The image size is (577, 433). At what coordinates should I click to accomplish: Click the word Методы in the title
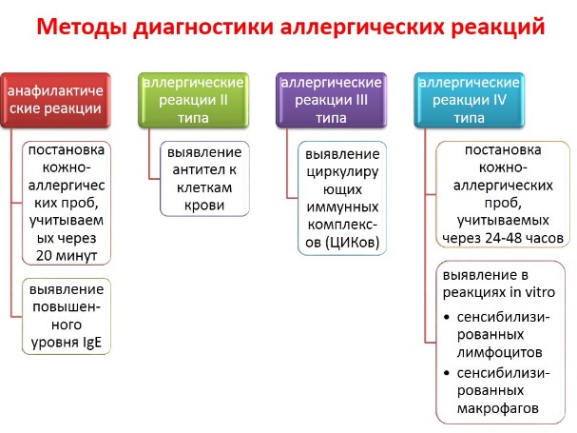coord(82,28)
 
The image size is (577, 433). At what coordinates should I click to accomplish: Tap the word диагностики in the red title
coord(203,28)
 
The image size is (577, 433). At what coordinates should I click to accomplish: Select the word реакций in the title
coord(498,26)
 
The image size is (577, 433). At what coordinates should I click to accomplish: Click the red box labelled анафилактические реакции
coord(55,100)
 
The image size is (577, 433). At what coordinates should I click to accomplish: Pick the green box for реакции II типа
coord(194,100)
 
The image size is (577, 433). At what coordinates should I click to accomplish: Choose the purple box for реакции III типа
coord(332,100)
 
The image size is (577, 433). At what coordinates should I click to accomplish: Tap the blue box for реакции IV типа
coord(470,100)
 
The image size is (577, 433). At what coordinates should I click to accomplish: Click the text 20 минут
coord(67,255)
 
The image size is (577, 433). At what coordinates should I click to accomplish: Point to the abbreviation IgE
coord(92,343)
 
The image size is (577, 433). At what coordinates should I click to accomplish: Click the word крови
coord(204,206)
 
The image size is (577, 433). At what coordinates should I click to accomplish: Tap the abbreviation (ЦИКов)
coord(352,243)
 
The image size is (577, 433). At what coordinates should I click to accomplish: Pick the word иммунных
coord(342,207)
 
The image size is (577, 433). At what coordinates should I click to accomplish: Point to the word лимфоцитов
coord(500,352)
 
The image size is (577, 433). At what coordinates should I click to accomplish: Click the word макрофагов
coord(498,408)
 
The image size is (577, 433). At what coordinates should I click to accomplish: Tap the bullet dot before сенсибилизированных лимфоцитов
coord(447,317)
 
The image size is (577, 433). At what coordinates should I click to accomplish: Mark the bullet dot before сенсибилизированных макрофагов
coord(447,373)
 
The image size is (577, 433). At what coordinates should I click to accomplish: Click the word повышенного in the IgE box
coord(67,316)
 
